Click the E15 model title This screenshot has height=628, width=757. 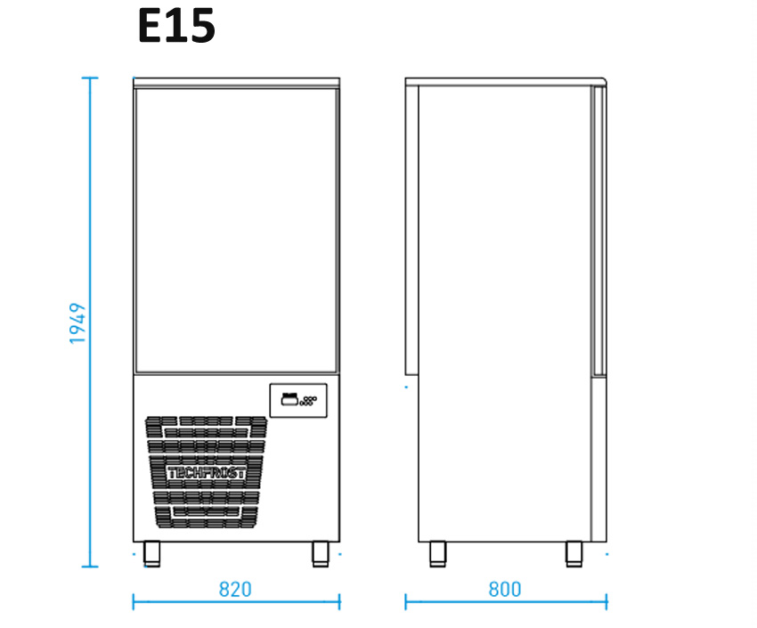[x=176, y=26]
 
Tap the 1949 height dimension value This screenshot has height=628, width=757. [x=77, y=323]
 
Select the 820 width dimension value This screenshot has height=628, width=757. [x=235, y=590]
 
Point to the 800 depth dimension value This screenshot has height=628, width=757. [x=505, y=590]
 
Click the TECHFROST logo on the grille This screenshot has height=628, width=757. [x=206, y=473]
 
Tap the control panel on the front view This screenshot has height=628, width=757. [x=298, y=401]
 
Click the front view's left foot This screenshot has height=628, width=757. [x=151, y=554]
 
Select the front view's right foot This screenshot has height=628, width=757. [x=320, y=554]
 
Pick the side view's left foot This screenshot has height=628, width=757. [x=438, y=554]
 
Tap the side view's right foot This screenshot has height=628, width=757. [x=574, y=554]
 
